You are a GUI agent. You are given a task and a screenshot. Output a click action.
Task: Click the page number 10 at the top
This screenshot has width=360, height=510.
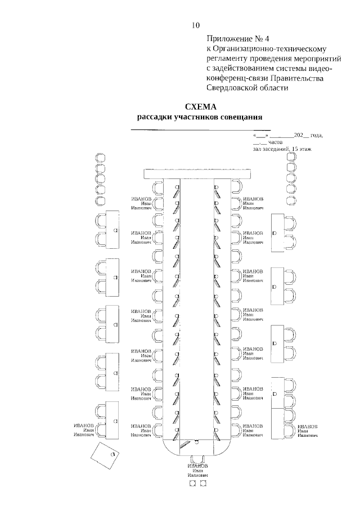click(196, 25)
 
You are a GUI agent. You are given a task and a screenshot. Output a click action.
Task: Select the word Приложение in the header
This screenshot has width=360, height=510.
click(227, 39)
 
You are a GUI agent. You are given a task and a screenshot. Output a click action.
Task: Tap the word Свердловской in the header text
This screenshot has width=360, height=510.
click(230, 87)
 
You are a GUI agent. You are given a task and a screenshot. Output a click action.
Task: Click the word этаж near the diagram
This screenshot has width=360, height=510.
click(304, 149)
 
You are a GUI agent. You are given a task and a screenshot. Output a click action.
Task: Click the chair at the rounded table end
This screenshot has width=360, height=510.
click(198, 459)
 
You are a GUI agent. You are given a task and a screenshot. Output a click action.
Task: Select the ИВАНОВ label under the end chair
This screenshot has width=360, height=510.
click(198, 466)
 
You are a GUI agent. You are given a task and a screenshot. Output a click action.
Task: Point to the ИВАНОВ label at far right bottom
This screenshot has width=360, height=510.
click(308, 427)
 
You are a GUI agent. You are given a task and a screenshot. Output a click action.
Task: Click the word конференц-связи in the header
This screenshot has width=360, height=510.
click(235, 78)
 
